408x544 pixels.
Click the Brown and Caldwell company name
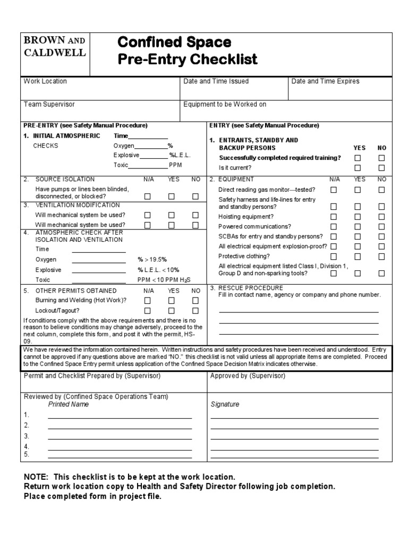click(x=54, y=46)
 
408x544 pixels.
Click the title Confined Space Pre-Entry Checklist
click(x=187, y=50)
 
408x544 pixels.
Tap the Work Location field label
click(x=45, y=81)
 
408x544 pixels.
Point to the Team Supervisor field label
click(x=49, y=105)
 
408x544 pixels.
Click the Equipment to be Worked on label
click(x=225, y=105)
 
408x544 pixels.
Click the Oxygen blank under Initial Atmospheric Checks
click(x=151, y=146)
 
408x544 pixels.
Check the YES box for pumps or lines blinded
click(x=172, y=197)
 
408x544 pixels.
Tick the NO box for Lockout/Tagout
click(x=195, y=311)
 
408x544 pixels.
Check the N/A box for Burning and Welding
click(x=148, y=301)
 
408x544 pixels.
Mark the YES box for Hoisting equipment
click(x=358, y=217)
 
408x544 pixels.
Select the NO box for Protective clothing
click(x=381, y=256)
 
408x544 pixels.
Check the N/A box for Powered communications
click(x=334, y=226)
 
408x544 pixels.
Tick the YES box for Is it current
click(x=358, y=168)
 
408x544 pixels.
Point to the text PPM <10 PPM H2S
click(x=164, y=280)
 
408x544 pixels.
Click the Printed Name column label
click(x=69, y=404)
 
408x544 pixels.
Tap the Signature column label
click(x=225, y=404)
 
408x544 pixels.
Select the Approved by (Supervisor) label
click(x=248, y=376)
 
